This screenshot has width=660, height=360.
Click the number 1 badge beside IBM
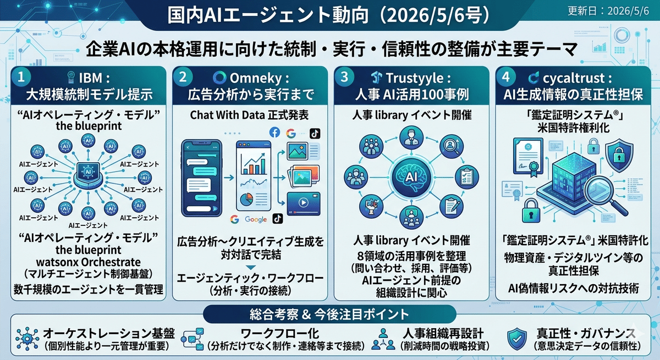[21, 77]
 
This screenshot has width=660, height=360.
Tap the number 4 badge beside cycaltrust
[506, 77]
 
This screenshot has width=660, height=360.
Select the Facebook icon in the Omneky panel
[274, 133]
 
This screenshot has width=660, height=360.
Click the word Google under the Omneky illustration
[256, 219]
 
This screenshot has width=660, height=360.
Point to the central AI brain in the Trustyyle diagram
[411, 176]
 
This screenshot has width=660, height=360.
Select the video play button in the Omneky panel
[304, 202]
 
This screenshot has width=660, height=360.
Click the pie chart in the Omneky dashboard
[246, 200]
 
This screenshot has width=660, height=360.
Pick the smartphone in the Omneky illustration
[201, 178]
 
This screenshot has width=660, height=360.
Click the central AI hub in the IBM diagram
[88, 175]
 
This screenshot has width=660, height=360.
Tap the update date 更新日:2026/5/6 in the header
[608, 11]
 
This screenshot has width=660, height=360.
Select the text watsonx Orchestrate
[88, 262]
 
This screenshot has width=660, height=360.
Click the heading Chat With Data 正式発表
[249, 115]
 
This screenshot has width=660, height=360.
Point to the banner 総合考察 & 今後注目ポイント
[329, 314]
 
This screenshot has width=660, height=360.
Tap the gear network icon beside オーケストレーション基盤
[27, 339]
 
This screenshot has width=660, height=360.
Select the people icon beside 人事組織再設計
[383, 339]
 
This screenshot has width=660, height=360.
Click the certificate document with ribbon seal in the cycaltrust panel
[527, 157]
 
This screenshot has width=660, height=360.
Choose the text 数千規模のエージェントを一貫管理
[88, 290]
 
